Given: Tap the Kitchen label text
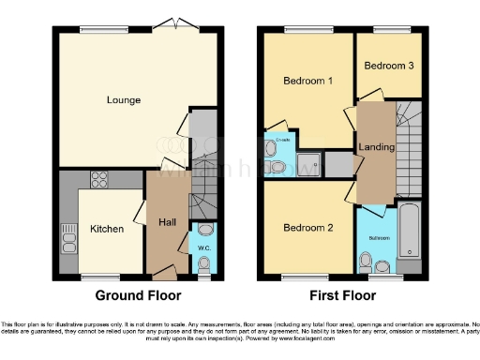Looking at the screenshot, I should [107, 229].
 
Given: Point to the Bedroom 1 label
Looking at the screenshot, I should [308, 81].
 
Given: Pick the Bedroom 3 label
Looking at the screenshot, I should [388, 67].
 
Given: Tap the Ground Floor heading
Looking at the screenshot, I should [138, 294].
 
